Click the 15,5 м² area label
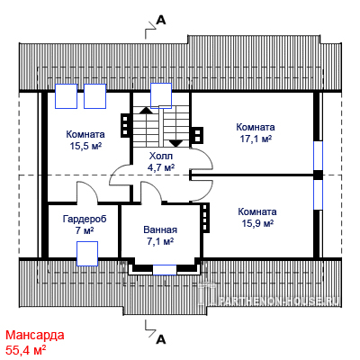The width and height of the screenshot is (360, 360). pyautogui.click(x=85, y=146)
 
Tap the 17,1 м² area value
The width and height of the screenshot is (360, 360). pyautogui.click(x=256, y=139)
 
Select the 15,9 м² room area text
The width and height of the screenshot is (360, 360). pyautogui.click(x=257, y=223)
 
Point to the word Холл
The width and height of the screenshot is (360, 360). pyautogui.click(x=161, y=156)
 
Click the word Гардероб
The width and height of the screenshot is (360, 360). pyautogui.click(x=85, y=219)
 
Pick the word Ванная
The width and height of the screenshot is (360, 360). pyautogui.click(x=160, y=229)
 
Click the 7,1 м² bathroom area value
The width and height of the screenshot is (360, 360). pyautogui.click(x=161, y=241)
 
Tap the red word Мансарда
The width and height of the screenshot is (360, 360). pyautogui.click(x=35, y=335)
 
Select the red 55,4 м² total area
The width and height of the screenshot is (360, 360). pyautogui.click(x=26, y=349)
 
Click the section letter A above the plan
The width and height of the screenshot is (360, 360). pyautogui.click(x=161, y=20)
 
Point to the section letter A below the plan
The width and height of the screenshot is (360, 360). pyautogui.click(x=161, y=339)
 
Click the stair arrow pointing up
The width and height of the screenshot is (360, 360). pyautogui.click(x=147, y=110)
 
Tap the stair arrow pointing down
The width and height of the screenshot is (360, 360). pyautogui.click(x=176, y=143)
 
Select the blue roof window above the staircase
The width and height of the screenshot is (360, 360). pyautogui.click(x=161, y=95)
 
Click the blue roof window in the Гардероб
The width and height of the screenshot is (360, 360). pyautogui.click(x=87, y=254)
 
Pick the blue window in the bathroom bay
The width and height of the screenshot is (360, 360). pyautogui.click(x=165, y=270)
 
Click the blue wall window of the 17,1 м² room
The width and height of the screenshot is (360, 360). pyautogui.click(x=318, y=156)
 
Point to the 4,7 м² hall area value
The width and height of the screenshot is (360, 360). pyautogui.click(x=161, y=167)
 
